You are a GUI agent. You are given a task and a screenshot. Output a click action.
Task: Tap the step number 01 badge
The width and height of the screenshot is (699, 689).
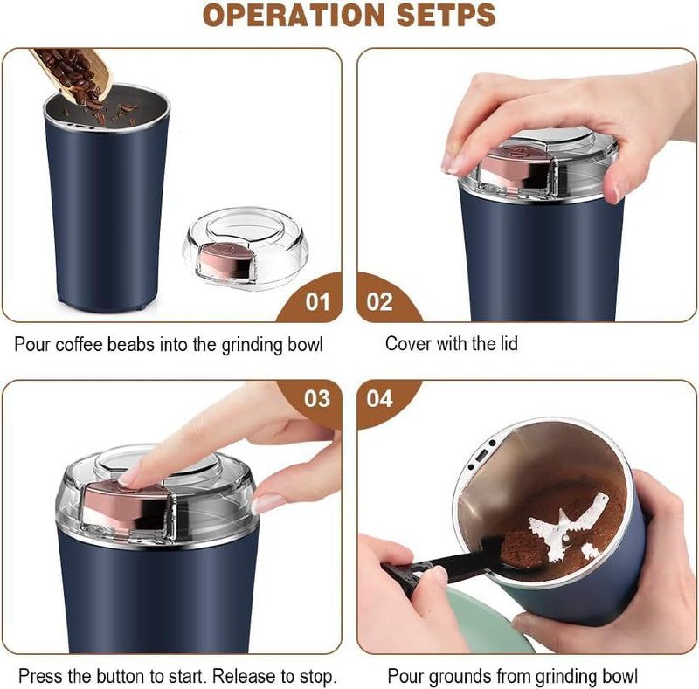tap(316, 302)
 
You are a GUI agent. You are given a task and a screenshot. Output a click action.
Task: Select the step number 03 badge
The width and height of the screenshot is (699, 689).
tap(316, 399)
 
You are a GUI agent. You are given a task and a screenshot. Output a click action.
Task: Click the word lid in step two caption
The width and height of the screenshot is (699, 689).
tap(505, 344)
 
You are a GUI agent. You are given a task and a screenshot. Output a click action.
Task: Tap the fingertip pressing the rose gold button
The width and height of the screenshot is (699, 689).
tap(131, 476)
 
